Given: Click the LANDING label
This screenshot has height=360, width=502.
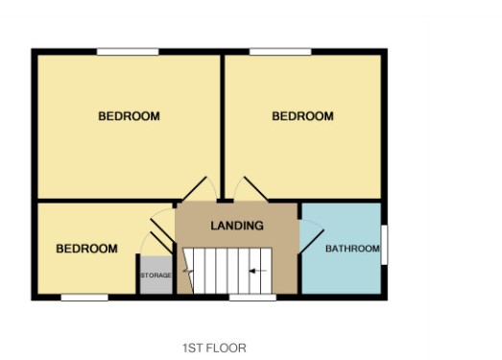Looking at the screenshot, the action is [x=237, y=226].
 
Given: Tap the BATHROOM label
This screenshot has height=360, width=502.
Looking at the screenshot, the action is [x=352, y=249].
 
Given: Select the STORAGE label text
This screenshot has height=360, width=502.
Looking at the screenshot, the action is [x=155, y=276].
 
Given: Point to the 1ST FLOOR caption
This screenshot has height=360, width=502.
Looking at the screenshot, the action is [x=214, y=348].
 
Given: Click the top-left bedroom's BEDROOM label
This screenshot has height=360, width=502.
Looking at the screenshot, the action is [x=129, y=116].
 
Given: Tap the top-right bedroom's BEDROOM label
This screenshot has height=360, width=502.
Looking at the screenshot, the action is [x=303, y=116].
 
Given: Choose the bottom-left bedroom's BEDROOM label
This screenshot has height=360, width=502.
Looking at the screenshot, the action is [x=86, y=249].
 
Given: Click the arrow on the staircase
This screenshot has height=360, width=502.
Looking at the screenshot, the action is [x=258, y=272].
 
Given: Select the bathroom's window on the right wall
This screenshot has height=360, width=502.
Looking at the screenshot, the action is [x=384, y=245].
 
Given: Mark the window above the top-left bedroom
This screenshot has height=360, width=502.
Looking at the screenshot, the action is [x=128, y=52].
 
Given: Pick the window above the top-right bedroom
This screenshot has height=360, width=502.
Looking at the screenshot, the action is [x=280, y=52].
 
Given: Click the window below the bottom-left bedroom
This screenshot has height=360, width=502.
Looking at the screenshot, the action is [x=84, y=298].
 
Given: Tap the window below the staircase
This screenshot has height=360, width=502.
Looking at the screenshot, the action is [x=252, y=298].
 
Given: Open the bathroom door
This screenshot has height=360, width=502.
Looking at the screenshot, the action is [x=311, y=242].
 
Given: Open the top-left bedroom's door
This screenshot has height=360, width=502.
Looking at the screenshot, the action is [x=195, y=189].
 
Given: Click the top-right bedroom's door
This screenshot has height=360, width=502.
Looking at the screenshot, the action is [x=255, y=189].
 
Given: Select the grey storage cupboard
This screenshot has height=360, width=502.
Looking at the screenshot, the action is [x=156, y=275].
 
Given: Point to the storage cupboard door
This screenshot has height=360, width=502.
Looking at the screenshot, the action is [x=161, y=243].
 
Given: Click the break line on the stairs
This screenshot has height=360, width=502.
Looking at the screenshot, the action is [x=188, y=271].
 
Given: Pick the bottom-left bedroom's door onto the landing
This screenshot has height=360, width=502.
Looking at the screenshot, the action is [x=162, y=230].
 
